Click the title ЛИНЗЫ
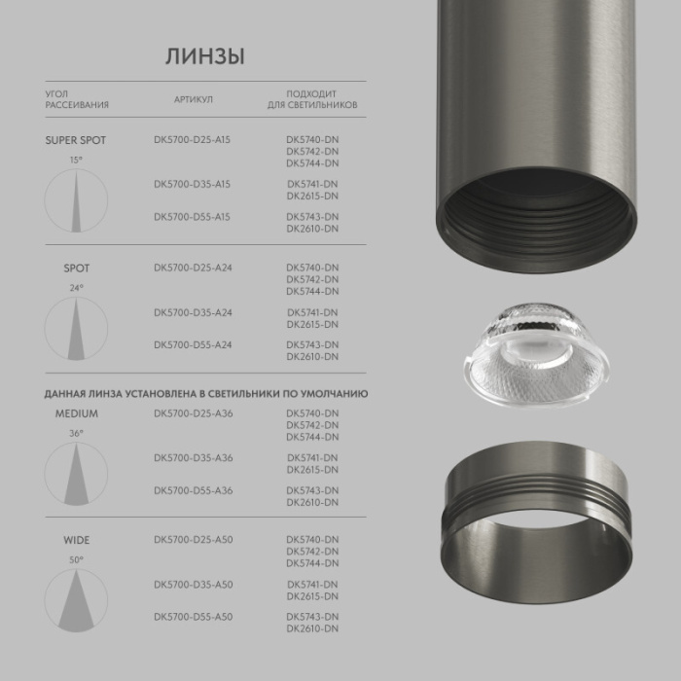tap(203, 56)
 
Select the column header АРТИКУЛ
tap(193, 99)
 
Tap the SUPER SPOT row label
tap(75, 140)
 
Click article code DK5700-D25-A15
tap(192, 140)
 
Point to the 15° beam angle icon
tap(76, 200)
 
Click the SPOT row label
tap(76, 268)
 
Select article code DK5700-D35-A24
tap(192, 312)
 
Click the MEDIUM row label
tap(76, 413)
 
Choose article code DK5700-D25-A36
tap(193, 413)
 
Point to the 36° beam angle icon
tap(76, 474)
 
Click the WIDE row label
tap(76, 540)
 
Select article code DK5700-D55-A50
tap(193, 616)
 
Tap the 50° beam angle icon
tap(76, 600)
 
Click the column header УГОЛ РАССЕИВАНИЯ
tap(76, 99)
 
